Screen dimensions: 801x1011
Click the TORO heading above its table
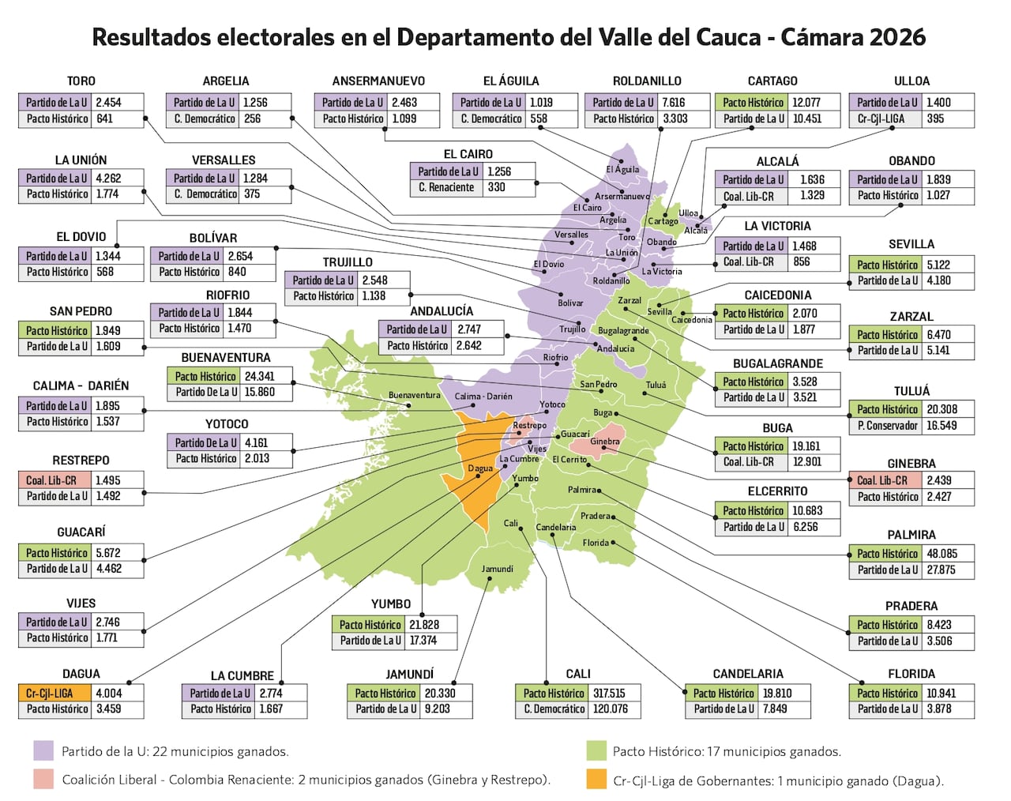tap(81, 81)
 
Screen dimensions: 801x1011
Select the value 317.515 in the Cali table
tap(609, 693)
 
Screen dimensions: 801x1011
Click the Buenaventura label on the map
tap(414, 395)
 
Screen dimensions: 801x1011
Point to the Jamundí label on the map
tap(498, 569)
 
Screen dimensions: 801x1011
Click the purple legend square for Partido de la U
tap(43, 750)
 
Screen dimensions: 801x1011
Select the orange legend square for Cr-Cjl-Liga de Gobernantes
tap(596, 780)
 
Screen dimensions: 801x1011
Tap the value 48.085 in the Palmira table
tap(942, 554)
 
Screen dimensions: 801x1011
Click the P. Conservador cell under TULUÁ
tap(888, 425)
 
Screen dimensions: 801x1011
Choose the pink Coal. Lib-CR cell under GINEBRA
tap(882, 480)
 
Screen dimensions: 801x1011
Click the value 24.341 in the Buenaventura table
tap(259, 376)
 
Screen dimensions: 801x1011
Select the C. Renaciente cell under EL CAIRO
tap(446, 187)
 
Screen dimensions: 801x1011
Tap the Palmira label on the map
tap(582, 490)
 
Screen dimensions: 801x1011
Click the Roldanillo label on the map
tap(611, 280)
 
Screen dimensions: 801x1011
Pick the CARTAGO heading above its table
tap(772, 81)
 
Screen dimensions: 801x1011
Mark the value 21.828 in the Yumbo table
tap(424, 624)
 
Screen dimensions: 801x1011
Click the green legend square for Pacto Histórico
tap(596, 750)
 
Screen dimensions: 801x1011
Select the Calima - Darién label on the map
tap(483, 397)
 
